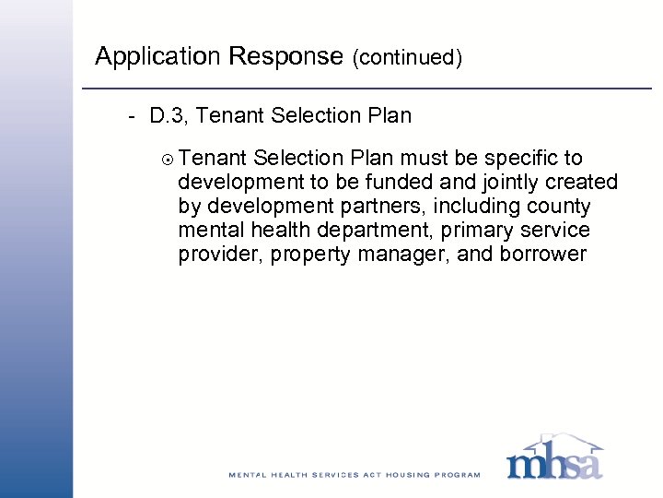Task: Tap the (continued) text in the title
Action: click(406, 58)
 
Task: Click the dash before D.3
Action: click(134, 117)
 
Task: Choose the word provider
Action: click(218, 254)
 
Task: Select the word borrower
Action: click(541, 254)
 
